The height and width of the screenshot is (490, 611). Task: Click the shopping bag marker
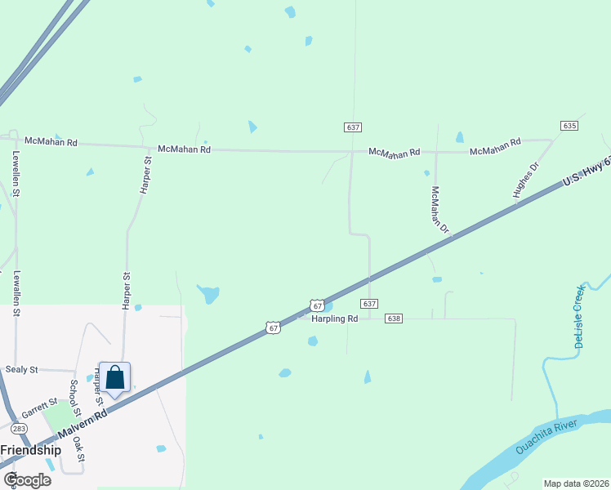(x=114, y=377)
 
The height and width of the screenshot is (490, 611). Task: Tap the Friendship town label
(x=31, y=450)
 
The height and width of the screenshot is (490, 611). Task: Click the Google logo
(x=27, y=480)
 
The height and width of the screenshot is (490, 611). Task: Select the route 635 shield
(x=570, y=126)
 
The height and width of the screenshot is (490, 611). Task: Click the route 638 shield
(x=394, y=318)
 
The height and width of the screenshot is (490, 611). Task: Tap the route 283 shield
(x=20, y=429)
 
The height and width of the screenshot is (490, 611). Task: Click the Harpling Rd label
(x=334, y=318)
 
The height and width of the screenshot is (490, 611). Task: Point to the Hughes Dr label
(x=527, y=180)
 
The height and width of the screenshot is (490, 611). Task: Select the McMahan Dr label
(x=440, y=211)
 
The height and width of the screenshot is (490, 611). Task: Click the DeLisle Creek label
(x=580, y=317)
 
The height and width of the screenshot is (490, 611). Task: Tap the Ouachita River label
(x=546, y=437)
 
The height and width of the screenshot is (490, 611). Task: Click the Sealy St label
(x=22, y=370)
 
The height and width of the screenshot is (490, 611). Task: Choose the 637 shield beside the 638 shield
(x=369, y=304)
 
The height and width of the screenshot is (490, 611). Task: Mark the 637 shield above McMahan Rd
(x=352, y=127)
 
